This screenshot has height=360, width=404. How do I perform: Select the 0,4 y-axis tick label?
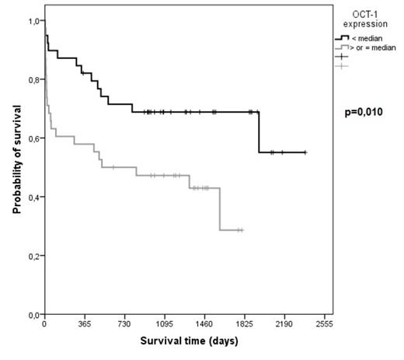[33, 197]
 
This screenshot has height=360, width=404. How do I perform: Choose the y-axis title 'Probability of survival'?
[14, 166]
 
